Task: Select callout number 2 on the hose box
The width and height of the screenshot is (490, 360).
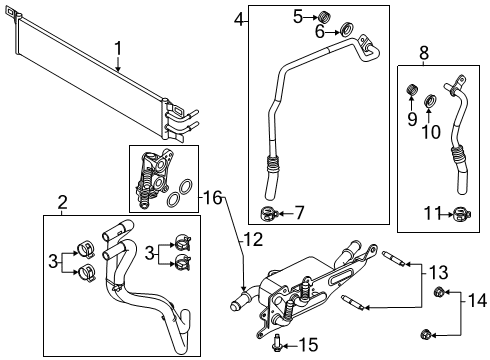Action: pyautogui.click(x=62, y=204)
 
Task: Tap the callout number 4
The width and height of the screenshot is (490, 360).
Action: pyautogui.click(x=239, y=19)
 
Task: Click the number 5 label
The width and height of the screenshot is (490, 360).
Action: pyautogui.click(x=298, y=15)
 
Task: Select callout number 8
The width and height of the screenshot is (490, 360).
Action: pyautogui.click(x=424, y=53)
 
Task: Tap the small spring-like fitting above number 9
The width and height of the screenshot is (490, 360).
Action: pyautogui.click(x=410, y=93)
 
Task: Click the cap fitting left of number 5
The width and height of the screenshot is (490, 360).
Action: pyautogui.click(x=323, y=16)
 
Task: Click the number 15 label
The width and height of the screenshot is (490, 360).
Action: pyautogui.click(x=308, y=344)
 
